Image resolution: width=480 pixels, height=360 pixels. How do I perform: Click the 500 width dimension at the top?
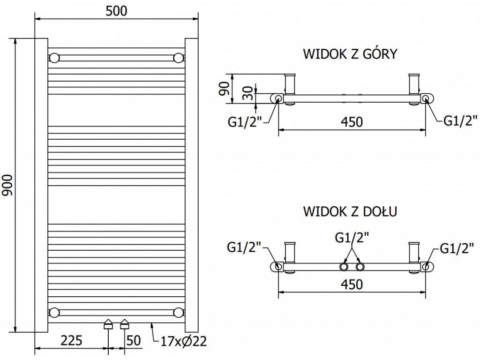pyautogui.click(x=116, y=11)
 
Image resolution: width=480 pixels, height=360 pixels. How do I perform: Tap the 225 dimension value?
pyautogui.click(x=72, y=340)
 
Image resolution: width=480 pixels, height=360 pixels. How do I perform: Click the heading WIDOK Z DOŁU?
pyautogui.click(x=350, y=211)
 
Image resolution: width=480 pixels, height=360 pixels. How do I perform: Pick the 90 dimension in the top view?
pyautogui.click(x=225, y=88)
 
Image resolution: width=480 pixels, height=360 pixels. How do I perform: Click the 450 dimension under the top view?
pyautogui.click(x=352, y=122)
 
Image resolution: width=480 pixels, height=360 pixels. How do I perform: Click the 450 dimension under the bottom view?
pyautogui.click(x=352, y=284)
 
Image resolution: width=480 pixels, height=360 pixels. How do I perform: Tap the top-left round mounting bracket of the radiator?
pyautogui.click(x=54, y=58)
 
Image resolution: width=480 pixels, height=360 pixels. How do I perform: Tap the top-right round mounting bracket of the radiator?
pyautogui.click(x=178, y=58)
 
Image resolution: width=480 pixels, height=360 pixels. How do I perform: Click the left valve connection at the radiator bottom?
pyautogui.click(x=108, y=323)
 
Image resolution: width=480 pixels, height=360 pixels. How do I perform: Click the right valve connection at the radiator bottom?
pyautogui.click(x=124, y=323)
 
